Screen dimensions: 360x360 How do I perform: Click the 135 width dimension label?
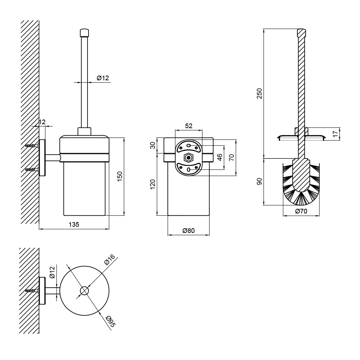tap(74, 224)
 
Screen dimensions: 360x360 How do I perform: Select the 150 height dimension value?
tap(120, 176)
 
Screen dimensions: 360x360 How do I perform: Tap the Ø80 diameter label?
tap(189, 230)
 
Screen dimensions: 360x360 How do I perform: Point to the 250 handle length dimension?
tap(259, 94)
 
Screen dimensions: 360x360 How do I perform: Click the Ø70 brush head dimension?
tap(301, 211)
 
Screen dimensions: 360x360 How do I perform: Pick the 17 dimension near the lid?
tap(336, 134)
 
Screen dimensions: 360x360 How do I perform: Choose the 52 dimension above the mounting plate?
tap(189, 126)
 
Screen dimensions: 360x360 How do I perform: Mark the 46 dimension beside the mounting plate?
tap(220, 157)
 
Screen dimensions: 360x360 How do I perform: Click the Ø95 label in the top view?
tap(111, 321)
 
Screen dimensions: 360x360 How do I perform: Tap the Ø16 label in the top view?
tap(109, 260)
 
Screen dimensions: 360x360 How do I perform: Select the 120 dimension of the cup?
tap(153, 184)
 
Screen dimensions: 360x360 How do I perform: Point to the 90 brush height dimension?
tap(259, 181)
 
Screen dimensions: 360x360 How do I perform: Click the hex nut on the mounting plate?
tap(189, 158)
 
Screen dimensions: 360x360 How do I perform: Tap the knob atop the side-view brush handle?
tap(84, 32)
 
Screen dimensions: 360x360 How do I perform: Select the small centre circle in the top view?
tap(85, 291)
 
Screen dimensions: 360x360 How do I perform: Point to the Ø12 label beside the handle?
tap(103, 78)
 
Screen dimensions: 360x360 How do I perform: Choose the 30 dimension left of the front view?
tap(153, 145)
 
